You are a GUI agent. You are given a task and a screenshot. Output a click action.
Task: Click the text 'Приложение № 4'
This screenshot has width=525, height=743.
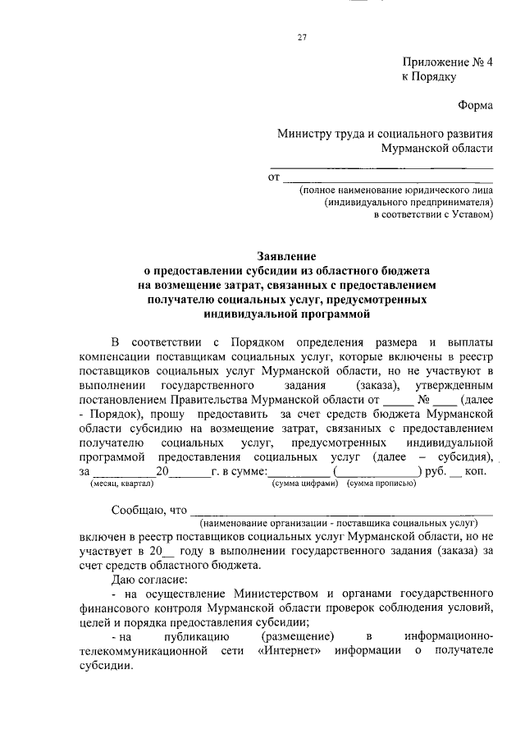(x=447, y=62)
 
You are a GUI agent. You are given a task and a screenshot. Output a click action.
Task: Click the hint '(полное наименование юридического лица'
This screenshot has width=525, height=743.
(x=395, y=189)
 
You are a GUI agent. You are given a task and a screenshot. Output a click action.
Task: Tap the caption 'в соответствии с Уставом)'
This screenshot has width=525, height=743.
(x=433, y=215)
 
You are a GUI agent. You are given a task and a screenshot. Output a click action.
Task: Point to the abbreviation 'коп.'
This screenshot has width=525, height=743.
(x=477, y=472)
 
